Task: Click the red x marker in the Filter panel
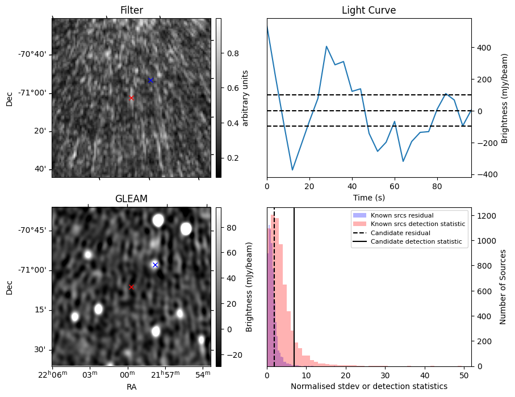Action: (x=131, y=98)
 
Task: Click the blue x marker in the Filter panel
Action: (x=150, y=80)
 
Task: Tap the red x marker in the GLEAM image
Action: (x=131, y=287)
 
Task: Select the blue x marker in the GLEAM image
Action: (x=155, y=265)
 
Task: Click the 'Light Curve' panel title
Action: (x=369, y=10)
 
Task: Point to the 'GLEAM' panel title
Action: (x=131, y=199)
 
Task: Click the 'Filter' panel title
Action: (x=131, y=10)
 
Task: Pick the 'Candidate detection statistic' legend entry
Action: (x=416, y=242)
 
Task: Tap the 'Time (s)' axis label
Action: (x=369, y=197)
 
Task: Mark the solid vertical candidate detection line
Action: (x=294, y=295)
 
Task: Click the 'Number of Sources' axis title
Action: (x=504, y=287)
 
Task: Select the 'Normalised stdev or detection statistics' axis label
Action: (x=369, y=386)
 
